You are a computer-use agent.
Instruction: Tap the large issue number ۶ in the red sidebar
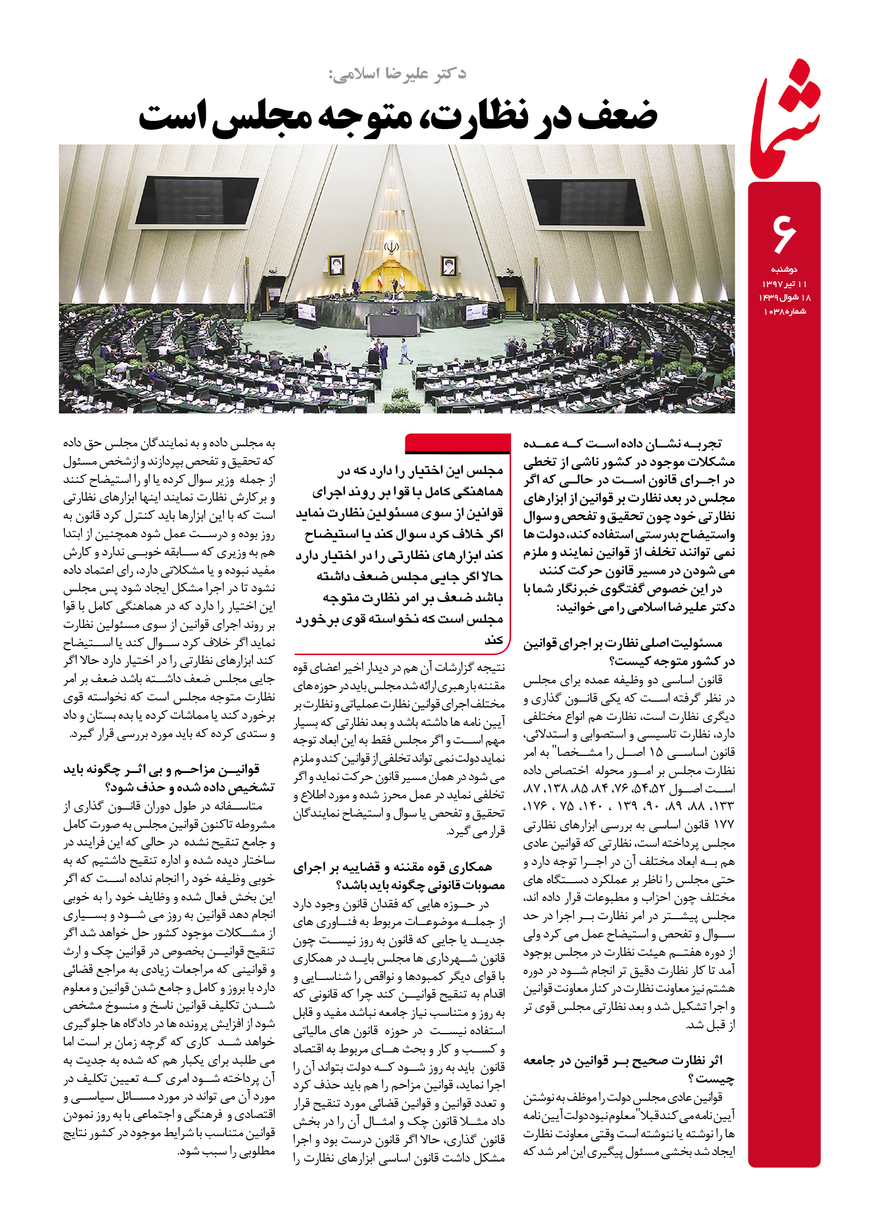(784, 233)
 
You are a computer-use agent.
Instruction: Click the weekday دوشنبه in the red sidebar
(784, 269)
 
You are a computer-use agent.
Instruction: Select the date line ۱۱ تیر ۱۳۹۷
(784, 284)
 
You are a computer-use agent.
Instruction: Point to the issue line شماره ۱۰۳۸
(784, 311)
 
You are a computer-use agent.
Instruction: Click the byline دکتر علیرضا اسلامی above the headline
(398, 75)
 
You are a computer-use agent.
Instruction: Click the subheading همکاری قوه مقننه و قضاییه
(392, 867)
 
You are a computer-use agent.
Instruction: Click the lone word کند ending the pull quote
(494, 640)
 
